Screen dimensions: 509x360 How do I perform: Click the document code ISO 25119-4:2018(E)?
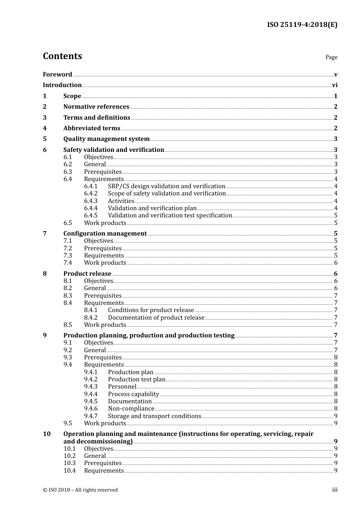click(x=302, y=25)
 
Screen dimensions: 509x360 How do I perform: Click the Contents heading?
click(x=62, y=56)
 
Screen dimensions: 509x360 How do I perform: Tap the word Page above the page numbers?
click(x=331, y=57)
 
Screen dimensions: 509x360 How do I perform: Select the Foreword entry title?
click(x=57, y=75)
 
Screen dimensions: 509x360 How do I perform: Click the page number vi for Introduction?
click(x=335, y=85)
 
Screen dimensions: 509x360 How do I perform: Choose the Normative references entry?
click(x=96, y=107)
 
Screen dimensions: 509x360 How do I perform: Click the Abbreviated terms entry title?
click(x=92, y=128)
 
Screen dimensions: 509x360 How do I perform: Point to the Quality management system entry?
click(x=106, y=139)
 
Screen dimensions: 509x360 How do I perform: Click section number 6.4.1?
click(x=91, y=186)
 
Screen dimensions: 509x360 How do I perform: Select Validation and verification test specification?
click(x=170, y=215)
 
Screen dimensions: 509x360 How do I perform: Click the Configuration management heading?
click(x=105, y=234)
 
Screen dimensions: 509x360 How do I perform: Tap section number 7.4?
click(x=68, y=263)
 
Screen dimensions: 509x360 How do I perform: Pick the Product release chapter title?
click(x=87, y=274)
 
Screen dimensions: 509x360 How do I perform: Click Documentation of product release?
click(x=156, y=318)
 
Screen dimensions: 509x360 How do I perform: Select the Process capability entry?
click(x=133, y=394)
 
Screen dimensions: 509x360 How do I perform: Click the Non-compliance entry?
click(x=131, y=409)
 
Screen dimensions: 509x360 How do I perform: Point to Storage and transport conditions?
click(x=155, y=416)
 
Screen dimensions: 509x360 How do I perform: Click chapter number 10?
click(x=47, y=434)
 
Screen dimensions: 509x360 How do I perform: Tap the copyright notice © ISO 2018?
click(x=80, y=490)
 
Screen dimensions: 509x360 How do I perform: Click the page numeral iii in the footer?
click(x=335, y=490)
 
